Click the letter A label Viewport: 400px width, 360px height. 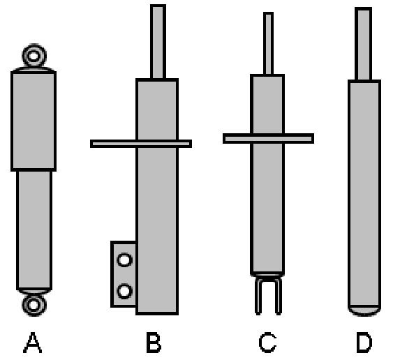pos(32,343)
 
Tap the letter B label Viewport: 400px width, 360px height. pos(154,343)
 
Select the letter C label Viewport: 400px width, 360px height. pos(267,343)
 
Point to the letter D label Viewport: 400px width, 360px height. pos(364,343)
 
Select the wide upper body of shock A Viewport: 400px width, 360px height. pos(34,121)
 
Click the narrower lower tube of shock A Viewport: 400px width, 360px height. pos(34,230)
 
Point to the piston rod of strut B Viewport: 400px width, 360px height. pos(158,42)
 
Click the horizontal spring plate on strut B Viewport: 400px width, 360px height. pos(141,144)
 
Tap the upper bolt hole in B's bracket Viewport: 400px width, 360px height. pos(124,260)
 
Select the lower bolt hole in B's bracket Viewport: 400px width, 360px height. pos(124,291)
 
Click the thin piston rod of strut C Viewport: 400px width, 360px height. pos(268,43)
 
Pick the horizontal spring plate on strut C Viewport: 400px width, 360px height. pos(268,138)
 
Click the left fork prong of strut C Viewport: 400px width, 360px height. pos(258,296)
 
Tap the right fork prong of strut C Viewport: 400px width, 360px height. pos(279,296)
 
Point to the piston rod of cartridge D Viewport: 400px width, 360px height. pos(363,44)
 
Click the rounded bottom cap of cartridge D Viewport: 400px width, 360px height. pos(364,310)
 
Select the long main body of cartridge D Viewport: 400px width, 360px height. pos(364,193)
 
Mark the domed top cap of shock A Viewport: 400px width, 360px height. pos(34,70)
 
